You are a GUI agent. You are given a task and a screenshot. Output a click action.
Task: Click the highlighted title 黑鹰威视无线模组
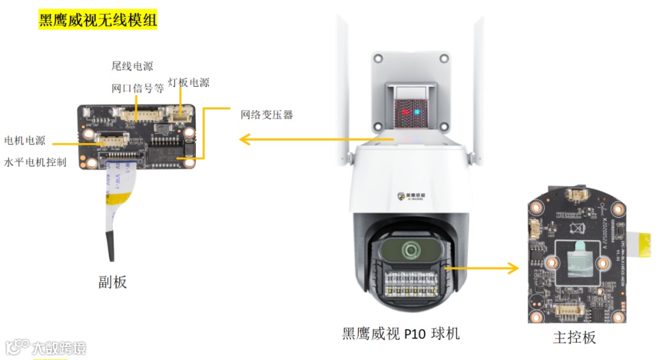(x=98, y=20)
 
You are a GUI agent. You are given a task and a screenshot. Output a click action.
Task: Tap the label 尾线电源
(x=132, y=66)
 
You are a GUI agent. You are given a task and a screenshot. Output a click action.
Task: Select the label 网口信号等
(x=138, y=88)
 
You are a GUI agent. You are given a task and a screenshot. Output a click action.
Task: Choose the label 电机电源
(x=25, y=141)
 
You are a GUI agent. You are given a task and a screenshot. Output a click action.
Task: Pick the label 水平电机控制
(x=35, y=162)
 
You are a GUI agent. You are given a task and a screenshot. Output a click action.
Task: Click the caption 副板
(x=112, y=281)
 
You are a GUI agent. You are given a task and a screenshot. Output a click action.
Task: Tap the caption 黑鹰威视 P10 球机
(x=401, y=334)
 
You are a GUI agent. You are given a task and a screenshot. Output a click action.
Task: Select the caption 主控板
(x=574, y=337)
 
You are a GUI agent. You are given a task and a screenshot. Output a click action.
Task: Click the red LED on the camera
(x=405, y=112)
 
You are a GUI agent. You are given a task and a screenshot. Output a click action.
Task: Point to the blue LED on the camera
(x=417, y=112)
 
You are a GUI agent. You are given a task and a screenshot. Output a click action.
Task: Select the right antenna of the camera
(x=476, y=92)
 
